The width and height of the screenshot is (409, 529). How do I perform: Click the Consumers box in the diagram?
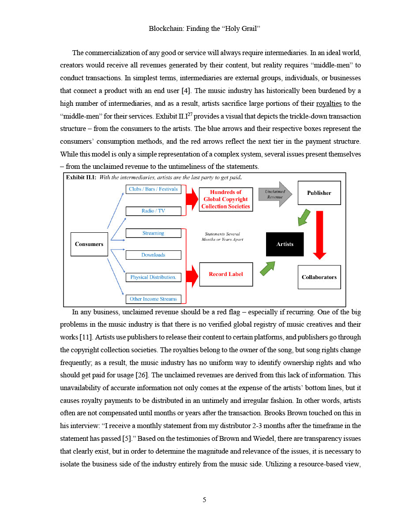(89, 244)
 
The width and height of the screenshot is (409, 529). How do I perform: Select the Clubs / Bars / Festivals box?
(154, 189)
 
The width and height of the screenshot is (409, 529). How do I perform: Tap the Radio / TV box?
(154, 211)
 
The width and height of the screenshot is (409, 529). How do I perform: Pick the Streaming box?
(154, 233)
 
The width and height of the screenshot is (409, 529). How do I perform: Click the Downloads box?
(154, 255)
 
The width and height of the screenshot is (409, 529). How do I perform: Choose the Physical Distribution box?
(154, 277)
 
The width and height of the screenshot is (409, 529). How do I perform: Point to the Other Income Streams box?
(154, 299)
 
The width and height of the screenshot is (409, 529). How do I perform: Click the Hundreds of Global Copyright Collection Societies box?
(226, 199)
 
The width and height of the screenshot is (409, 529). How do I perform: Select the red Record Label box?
(226, 274)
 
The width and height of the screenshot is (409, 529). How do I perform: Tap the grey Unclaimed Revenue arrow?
(274, 194)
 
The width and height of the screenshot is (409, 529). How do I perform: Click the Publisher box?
(319, 193)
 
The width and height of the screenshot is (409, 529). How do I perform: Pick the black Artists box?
(285, 244)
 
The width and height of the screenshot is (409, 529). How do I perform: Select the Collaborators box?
(319, 277)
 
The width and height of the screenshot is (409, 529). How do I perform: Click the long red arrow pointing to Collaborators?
(319, 234)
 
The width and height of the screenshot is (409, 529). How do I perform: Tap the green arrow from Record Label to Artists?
(267, 268)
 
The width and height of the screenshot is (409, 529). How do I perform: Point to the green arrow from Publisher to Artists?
(304, 216)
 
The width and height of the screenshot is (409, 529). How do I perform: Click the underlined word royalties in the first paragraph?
(329, 104)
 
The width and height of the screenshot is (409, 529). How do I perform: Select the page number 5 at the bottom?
(204, 499)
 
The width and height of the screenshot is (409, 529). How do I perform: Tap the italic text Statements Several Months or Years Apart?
(222, 237)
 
